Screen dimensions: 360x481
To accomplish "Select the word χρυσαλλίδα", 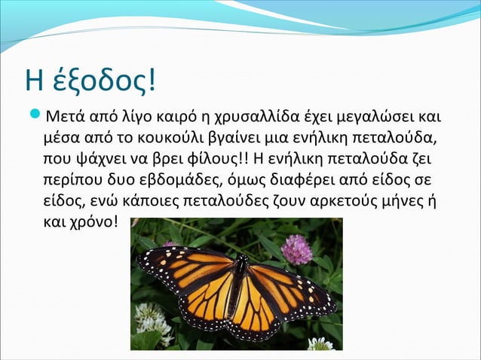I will (x=248, y=118).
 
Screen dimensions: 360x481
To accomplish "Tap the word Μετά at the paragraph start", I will (x=66, y=118).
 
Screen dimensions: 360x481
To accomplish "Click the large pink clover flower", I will (x=296, y=249).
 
